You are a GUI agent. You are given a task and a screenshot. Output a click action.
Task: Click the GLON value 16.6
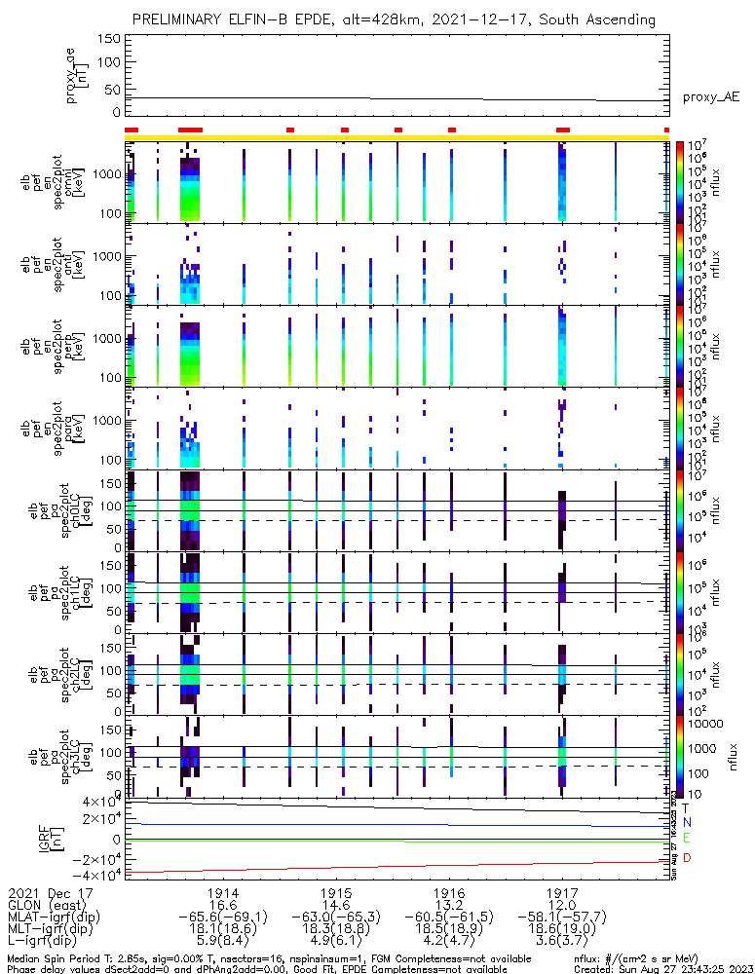[x=223, y=905]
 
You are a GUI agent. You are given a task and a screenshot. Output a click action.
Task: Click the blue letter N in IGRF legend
[x=686, y=823]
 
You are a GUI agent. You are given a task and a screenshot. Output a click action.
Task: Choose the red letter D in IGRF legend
[x=686, y=858]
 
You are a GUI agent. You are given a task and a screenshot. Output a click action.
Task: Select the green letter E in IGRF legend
[x=686, y=839]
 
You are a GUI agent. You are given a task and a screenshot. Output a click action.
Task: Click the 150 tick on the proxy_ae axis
[x=108, y=39]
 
